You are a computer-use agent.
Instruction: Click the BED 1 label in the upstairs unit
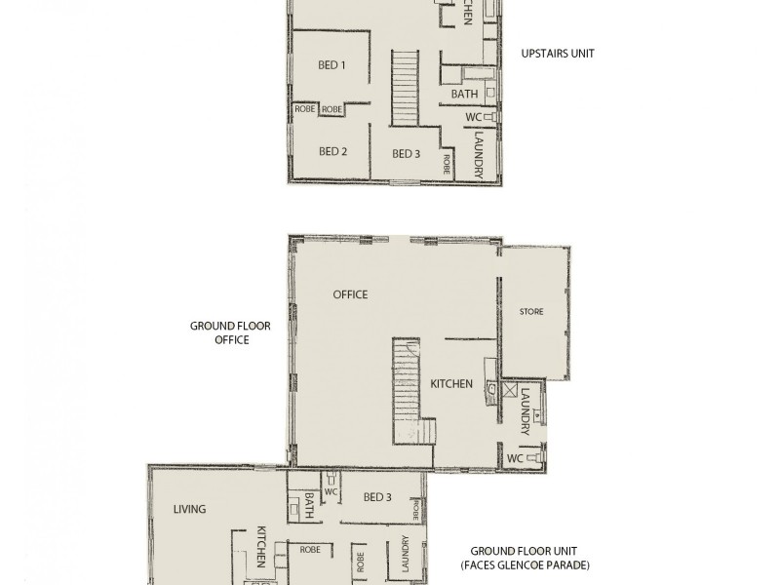pyautogui.click(x=331, y=65)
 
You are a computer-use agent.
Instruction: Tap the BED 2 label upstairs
pyautogui.click(x=331, y=151)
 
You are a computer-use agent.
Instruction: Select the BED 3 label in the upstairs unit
pyautogui.click(x=406, y=153)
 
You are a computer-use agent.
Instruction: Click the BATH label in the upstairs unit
pyautogui.click(x=464, y=94)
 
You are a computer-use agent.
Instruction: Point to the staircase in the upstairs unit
pyautogui.click(x=405, y=88)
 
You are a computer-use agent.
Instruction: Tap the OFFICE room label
pyautogui.click(x=350, y=294)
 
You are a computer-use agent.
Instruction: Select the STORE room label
pyautogui.click(x=531, y=312)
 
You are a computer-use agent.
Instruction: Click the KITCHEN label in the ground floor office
pyautogui.click(x=451, y=384)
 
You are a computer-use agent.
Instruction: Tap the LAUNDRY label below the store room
pyautogui.click(x=525, y=412)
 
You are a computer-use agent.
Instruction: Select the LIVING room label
pyautogui.click(x=190, y=509)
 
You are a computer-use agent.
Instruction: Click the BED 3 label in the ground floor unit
pyautogui.click(x=377, y=497)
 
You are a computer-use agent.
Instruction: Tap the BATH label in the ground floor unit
pyautogui.click(x=309, y=505)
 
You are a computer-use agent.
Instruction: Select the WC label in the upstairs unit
pyautogui.click(x=473, y=117)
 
